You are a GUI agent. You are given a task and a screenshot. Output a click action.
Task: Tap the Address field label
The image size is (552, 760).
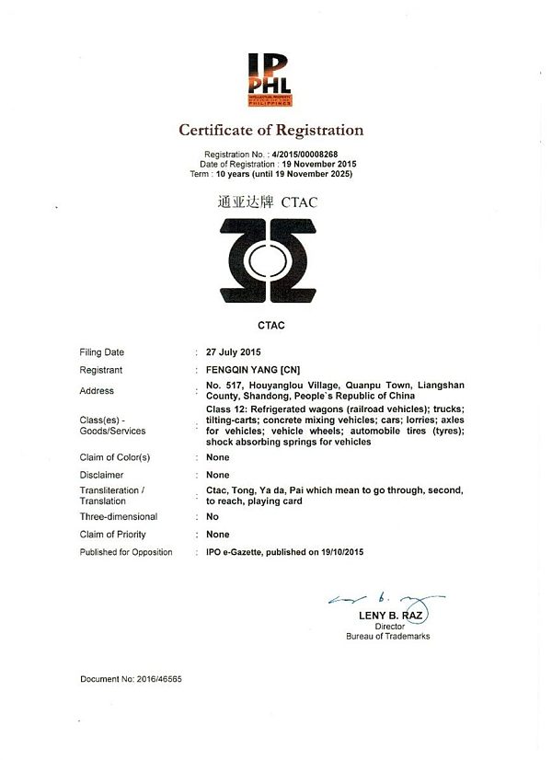click(98, 391)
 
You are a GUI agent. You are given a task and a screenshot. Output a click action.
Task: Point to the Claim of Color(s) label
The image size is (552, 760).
click(115, 457)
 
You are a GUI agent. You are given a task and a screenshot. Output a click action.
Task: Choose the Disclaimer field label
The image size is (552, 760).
click(102, 475)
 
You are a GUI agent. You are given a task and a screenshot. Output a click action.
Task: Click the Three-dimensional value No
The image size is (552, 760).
click(213, 517)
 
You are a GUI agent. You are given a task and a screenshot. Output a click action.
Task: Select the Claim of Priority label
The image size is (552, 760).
click(113, 535)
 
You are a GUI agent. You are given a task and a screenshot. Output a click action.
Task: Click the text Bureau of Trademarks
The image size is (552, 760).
click(387, 636)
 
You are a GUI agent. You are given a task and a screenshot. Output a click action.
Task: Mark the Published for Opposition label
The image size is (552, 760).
click(126, 552)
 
